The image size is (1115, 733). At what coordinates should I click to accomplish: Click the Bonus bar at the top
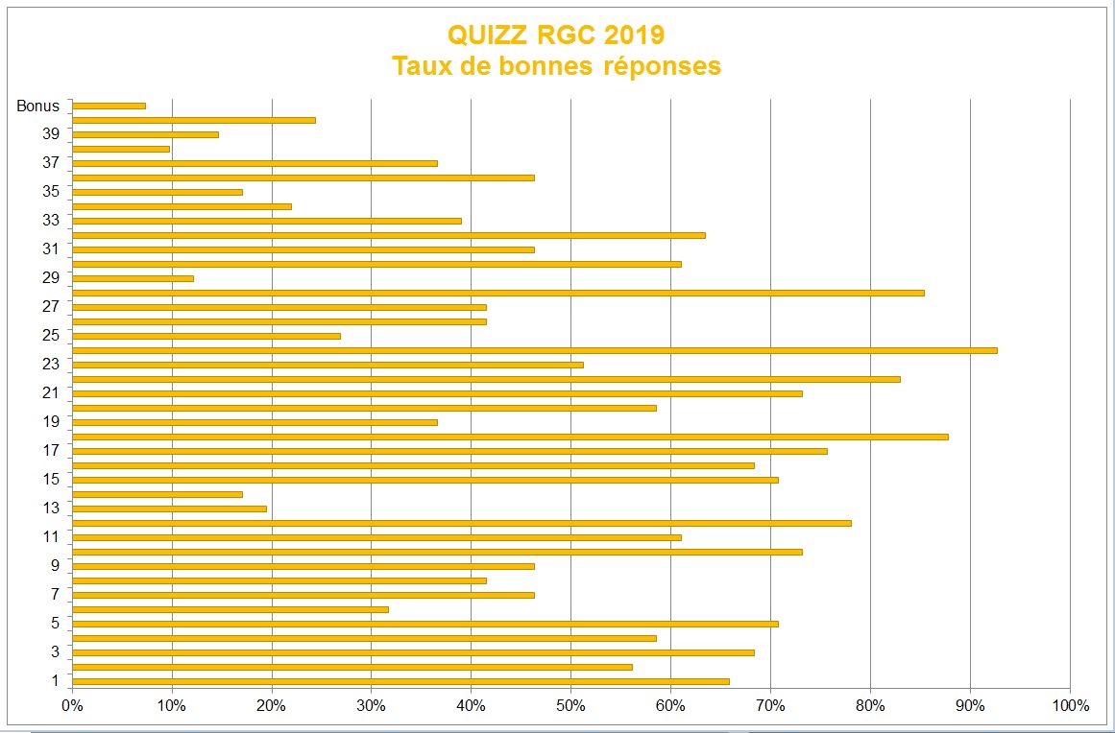click(109, 106)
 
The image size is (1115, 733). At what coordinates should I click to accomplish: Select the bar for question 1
click(400, 681)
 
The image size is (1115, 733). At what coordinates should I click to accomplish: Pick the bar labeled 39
click(145, 134)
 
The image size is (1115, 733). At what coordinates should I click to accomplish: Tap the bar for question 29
click(133, 278)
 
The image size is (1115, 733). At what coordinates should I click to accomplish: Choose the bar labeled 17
click(449, 451)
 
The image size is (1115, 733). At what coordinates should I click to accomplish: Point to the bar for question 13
click(169, 508)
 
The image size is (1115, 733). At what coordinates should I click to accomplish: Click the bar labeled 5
click(424, 624)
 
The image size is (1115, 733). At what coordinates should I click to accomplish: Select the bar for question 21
click(437, 393)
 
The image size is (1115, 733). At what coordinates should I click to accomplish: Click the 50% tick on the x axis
click(570, 706)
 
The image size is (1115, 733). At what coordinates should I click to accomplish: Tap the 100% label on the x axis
click(1070, 706)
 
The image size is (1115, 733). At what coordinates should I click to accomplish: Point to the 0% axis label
click(72, 706)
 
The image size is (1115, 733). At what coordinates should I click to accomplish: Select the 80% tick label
click(870, 706)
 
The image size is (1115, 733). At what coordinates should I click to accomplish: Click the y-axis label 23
click(51, 364)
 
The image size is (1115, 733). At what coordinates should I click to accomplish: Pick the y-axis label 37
click(51, 162)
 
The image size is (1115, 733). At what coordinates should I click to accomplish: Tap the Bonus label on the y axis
click(38, 106)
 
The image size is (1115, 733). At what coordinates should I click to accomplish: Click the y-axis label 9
click(56, 565)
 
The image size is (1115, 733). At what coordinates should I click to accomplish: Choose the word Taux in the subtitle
click(420, 66)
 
